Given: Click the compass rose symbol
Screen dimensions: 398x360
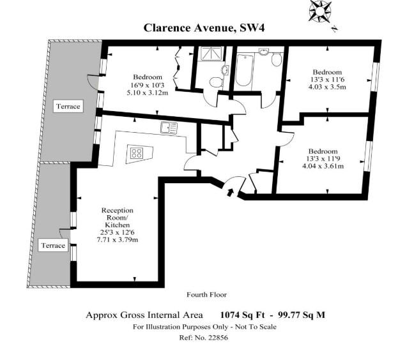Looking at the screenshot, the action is [x=320, y=11].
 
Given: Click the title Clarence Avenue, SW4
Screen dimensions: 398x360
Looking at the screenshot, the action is [x=204, y=28].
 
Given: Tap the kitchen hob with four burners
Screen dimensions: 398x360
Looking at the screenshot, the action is [x=137, y=153].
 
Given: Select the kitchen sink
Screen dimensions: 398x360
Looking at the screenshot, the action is [x=169, y=128].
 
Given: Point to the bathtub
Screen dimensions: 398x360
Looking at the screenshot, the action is [x=244, y=70].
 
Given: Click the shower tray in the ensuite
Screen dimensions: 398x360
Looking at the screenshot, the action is [x=210, y=54].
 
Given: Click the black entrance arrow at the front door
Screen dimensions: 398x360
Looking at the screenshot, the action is [x=230, y=192].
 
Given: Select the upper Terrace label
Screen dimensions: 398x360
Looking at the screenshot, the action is [x=68, y=106].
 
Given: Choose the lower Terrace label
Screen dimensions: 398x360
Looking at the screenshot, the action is [x=53, y=245].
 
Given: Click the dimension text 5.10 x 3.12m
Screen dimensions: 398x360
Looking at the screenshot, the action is [x=148, y=93].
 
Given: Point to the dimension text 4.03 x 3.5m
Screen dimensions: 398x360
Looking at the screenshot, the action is [x=327, y=87].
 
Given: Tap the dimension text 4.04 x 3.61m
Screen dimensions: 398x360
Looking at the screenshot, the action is [x=323, y=167].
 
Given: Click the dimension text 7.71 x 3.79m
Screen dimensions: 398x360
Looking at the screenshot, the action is [x=118, y=239].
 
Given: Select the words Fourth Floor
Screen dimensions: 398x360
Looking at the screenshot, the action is [x=206, y=295].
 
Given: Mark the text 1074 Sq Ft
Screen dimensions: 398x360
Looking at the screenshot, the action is [x=242, y=315].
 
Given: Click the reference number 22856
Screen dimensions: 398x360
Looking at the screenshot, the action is [x=218, y=338].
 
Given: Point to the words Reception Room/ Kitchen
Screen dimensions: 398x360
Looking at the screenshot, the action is [x=118, y=218].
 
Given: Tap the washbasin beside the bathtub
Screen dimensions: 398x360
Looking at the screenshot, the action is [x=264, y=52].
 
